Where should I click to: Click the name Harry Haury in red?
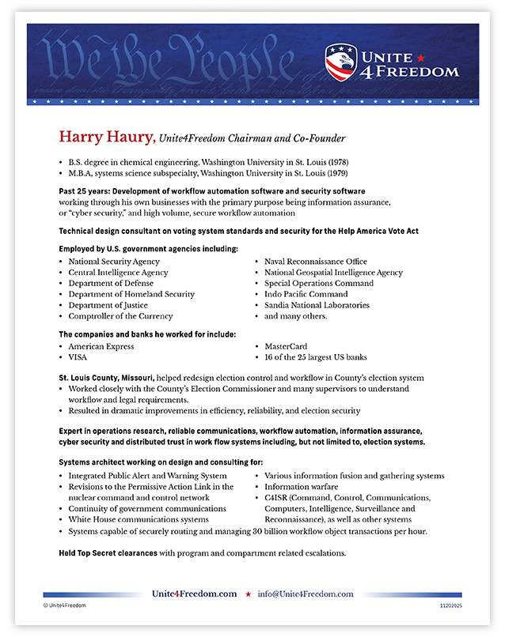[105, 138]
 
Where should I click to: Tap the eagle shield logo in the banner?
[340, 62]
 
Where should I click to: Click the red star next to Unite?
[420, 57]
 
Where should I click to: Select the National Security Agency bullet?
[114, 262]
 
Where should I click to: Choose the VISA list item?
[78, 357]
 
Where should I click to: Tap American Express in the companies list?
[101, 346]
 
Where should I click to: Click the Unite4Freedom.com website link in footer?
[194, 594]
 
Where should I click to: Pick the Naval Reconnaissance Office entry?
[316, 262]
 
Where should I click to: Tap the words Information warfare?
[302, 487]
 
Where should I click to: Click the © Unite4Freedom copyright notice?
[65, 605]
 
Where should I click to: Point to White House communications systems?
[139, 520]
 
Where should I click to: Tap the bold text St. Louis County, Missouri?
[105, 379]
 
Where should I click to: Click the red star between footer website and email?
[249, 594]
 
